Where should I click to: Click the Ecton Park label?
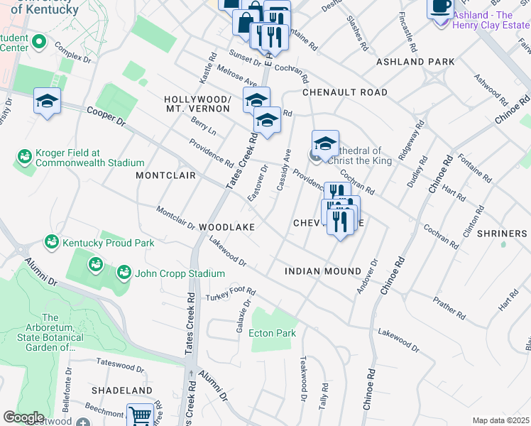click(272, 333)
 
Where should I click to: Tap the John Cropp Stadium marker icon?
click(124, 273)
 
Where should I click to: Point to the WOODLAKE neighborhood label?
click(226, 226)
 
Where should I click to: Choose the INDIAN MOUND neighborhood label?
click(322, 271)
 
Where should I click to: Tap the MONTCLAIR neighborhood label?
click(165, 175)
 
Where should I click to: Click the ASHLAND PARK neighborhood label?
click(415, 62)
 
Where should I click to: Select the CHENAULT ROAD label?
click(345, 92)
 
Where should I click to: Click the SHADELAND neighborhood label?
click(121, 390)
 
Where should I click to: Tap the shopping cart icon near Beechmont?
click(140, 415)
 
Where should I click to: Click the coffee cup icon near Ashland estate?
click(439, 7)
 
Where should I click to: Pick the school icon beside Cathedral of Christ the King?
click(324, 143)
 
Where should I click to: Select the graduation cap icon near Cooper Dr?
click(47, 101)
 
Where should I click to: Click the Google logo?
click(23, 417)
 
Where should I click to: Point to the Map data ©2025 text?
click(500, 420)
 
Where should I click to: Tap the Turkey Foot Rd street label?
click(230, 293)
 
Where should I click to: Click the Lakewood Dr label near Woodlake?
click(227, 251)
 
